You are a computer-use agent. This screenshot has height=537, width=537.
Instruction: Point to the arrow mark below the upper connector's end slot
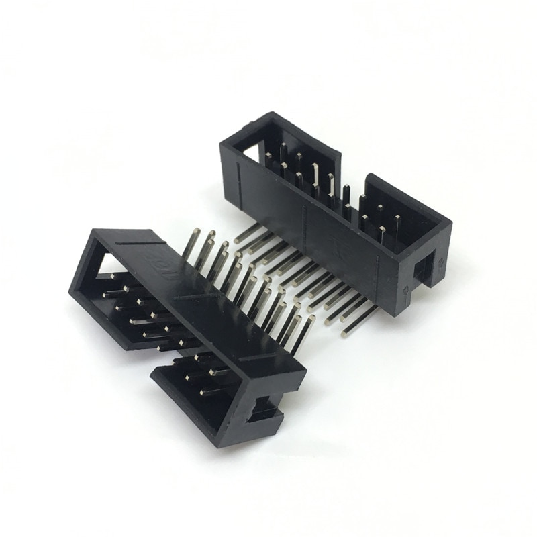[x=407, y=290]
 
